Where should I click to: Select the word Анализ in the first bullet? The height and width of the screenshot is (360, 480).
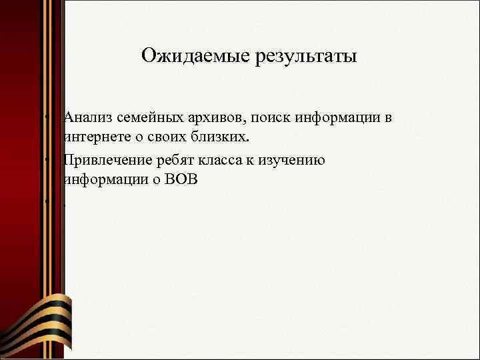point(87,118)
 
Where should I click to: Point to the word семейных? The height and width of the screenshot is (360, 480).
point(146,118)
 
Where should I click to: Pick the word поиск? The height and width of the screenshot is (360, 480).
point(270,118)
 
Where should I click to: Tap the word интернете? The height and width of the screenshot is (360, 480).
point(94,138)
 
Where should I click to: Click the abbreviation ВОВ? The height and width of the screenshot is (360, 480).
point(181,181)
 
